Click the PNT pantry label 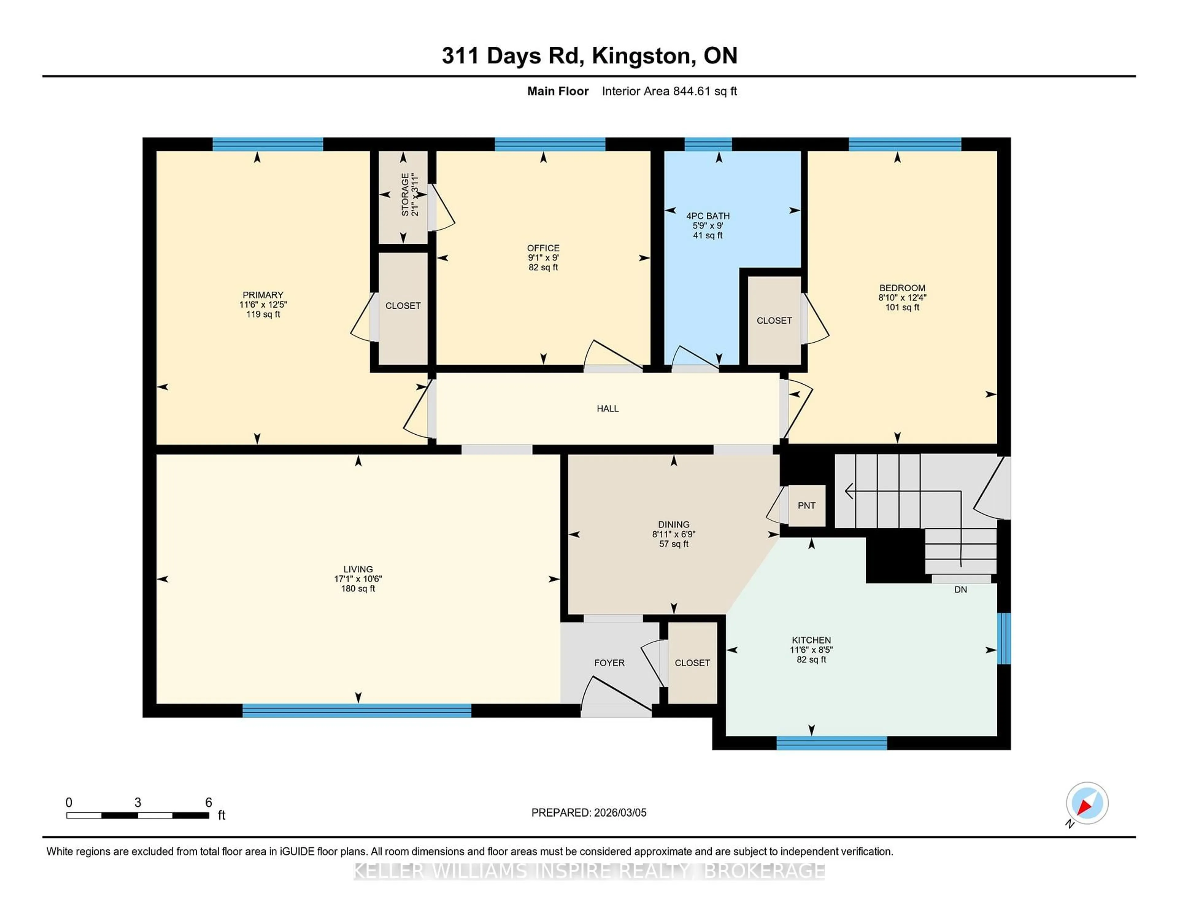807,506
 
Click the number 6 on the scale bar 209,803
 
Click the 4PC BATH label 708,216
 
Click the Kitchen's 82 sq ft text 811,660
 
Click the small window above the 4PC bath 708,144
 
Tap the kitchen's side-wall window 1003,638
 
